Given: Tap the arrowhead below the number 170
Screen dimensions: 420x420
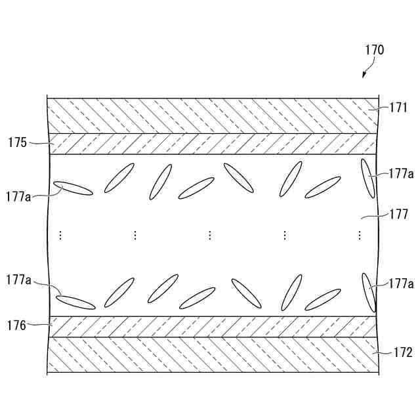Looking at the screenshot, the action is point(365,77).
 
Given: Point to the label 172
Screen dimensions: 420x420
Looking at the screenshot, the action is point(403,353).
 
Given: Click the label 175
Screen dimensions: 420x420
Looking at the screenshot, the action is point(18,141).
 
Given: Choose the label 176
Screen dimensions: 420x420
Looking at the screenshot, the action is point(17,324).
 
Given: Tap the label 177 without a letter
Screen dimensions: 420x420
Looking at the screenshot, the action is point(398,214).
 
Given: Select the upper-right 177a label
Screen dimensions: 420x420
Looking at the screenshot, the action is point(400,174).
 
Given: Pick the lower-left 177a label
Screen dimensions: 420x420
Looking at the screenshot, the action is point(18,280).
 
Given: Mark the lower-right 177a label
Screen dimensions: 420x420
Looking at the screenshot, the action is point(400,283).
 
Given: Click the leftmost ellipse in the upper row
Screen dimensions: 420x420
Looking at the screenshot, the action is point(73,188).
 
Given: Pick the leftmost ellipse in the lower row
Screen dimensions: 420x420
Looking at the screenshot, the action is point(75,302).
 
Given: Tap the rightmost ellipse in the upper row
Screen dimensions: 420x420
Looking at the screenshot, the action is point(367,178).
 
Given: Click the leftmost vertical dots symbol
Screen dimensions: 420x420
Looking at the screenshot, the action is point(60,235).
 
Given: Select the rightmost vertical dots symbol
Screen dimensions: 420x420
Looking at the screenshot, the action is point(360,235).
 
